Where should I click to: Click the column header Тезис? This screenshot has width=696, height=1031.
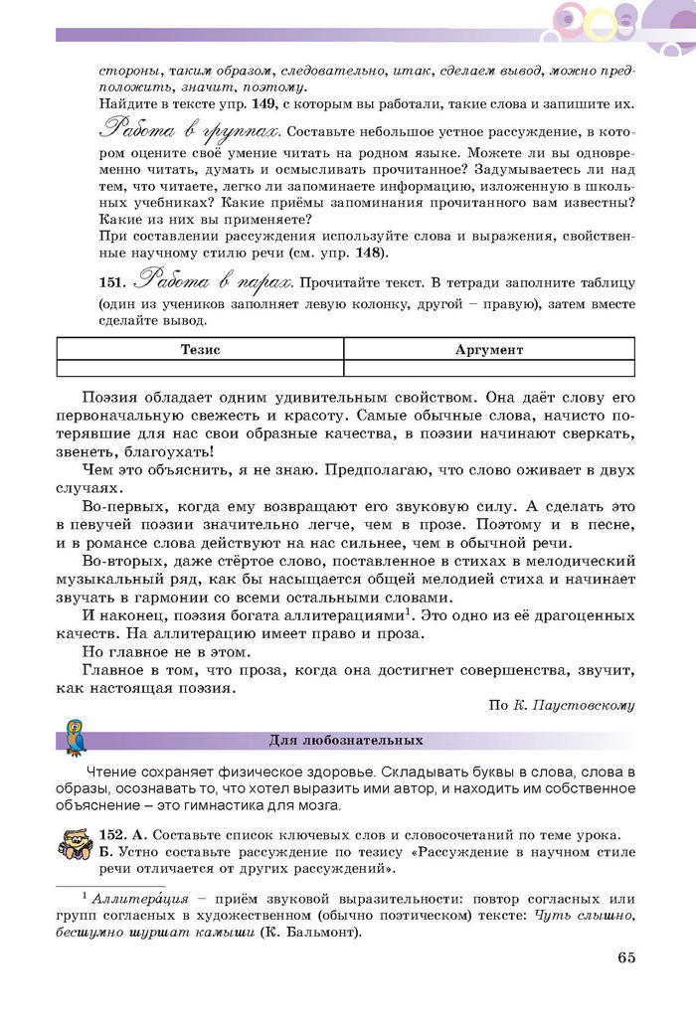coord(200,350)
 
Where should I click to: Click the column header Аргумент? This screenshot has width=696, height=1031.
coord(488,350)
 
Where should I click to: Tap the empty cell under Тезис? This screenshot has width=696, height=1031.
coord(200,368)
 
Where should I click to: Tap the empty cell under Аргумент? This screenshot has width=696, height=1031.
coord(488,368)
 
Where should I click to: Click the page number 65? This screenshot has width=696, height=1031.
coord(625,957)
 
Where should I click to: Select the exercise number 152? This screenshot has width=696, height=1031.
coord(112,834)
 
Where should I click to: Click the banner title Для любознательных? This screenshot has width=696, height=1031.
coord(346,740)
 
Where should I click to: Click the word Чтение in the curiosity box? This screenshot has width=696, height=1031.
coord(114,773)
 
